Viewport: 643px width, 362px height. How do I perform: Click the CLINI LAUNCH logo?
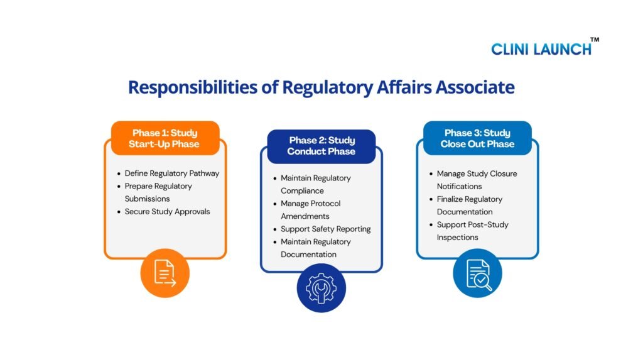click(541, 48)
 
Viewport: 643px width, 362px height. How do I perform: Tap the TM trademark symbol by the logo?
click(594, 40)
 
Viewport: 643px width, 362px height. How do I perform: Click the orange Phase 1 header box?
click(165, 138)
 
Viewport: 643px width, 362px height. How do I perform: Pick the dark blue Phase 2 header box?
click(321, 146)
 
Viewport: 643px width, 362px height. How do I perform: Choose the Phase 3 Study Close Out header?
click(477, 138)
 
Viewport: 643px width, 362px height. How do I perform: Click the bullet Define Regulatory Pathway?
click(171, 173)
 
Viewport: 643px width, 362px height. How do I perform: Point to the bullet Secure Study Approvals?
click(167, 212)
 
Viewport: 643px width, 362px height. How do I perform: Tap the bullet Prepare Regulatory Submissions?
click(158, 192)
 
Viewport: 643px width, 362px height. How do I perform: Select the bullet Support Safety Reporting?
click(325, 229)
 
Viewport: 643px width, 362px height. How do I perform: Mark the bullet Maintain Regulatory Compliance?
click(315, 184)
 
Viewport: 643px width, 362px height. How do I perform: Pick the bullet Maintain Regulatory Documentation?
click(315, 248)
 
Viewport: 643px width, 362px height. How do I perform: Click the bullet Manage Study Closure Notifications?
click(476, 180)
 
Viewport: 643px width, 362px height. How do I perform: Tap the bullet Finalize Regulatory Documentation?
click(469, 206)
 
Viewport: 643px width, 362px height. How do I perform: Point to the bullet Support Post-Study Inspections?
click(472, 231)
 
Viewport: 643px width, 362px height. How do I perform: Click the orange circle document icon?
click(165, 273)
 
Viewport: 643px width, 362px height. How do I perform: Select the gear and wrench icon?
click(321, 288)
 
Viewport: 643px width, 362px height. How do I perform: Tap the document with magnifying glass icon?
click(478, 273)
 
